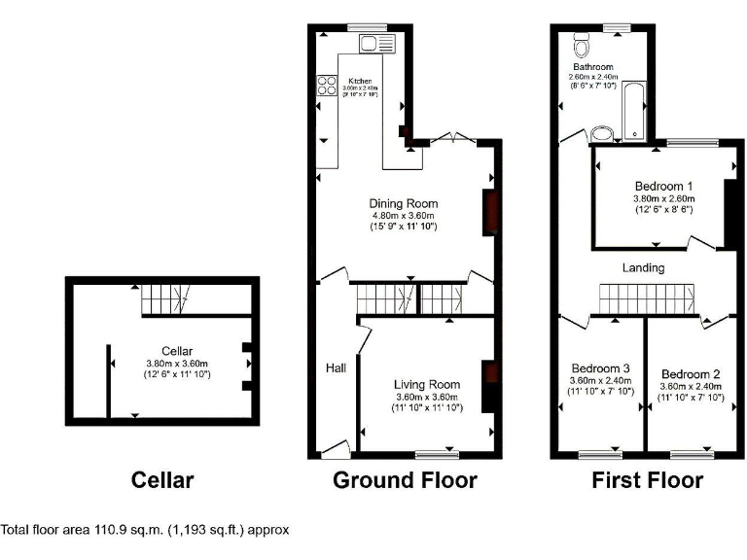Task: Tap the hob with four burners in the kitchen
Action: (x=324, y=86)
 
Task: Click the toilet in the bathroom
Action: (x=583, y=45)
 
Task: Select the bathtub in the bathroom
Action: (x=634, y=111)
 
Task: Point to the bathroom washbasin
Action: (x=600, y=135)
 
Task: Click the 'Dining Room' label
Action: (x=402, y=203)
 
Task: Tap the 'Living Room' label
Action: (x=426, y=384)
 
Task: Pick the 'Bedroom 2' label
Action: (x=690, y=374)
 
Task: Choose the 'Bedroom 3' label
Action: (x=600, y=368)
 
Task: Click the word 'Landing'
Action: (x=644, y=267)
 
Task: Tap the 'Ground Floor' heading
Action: (x=405, y=480)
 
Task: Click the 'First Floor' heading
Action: (x=647, y=480)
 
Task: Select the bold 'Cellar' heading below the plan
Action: (x=162, y=480)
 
